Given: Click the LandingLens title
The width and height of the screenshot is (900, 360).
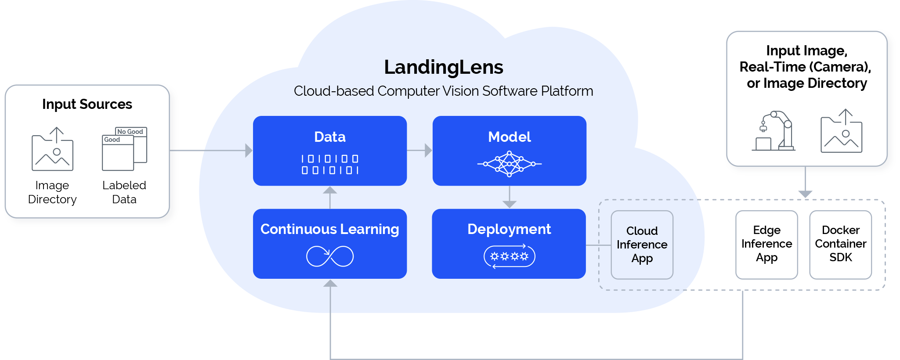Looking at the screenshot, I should [x=443, y=67].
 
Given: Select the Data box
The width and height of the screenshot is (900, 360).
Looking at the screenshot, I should [x=329, y=151].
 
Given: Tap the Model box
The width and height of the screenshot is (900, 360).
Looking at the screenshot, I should [x=509, y=151].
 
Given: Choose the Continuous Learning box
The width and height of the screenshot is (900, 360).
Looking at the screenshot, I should [x=329, y=243].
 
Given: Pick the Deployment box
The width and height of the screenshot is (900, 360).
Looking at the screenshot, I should [x=509, y=243].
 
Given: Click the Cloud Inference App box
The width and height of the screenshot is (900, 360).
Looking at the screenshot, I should [x=642, y=245].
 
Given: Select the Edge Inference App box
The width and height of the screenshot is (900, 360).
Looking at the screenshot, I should [x=766, y=244].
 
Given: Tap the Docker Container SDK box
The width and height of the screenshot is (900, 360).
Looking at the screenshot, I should [x=840, y=244].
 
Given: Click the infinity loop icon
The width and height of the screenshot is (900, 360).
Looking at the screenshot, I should [x=330, y=256].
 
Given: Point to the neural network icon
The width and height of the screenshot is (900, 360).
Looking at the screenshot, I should [x=509, y=164].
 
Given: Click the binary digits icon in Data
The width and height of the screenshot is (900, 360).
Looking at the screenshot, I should [x=330, y=164].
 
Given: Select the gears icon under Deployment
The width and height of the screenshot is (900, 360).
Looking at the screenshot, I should [x=509, y=256].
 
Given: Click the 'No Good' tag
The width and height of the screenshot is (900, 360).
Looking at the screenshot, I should [x=130, y=131].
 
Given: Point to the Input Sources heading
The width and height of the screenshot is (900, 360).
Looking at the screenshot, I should [x=87, y=104].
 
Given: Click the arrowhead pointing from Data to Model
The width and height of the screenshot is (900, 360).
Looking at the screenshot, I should [x=428, y=151].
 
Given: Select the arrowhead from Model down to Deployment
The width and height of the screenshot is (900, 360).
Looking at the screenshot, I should [x=509, y=204].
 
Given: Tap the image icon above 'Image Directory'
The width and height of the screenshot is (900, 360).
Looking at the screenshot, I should [x=52, y=149].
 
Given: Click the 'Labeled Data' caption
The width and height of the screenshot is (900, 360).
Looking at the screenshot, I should [x=124, y=192].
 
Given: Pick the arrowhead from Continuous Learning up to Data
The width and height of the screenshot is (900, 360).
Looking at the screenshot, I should [x=330, y=191].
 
